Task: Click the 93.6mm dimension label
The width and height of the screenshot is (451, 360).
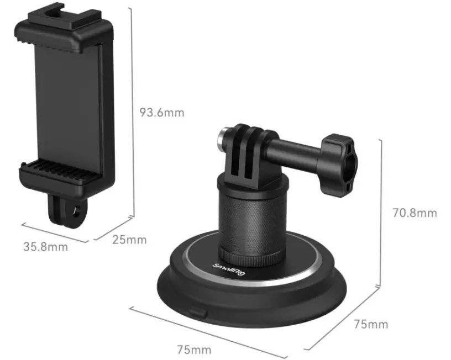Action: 161,113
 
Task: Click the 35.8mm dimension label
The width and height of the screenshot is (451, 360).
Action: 45,246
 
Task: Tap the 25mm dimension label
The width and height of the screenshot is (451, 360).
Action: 129,240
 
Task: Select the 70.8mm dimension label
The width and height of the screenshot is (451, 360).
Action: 415,213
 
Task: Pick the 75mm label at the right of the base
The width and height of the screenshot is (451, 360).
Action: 370,324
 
